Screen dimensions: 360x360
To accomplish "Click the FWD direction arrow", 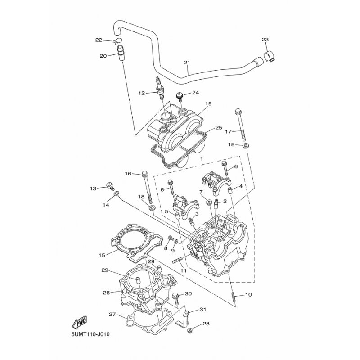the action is [79, 322].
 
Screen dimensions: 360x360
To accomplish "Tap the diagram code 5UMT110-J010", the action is [90, 334].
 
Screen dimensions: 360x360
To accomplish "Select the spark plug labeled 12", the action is [160, 89].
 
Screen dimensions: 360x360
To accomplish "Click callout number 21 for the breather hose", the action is [187, 63].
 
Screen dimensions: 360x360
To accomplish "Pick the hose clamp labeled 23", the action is [269, 57].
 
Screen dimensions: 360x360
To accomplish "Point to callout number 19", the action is [208, 104].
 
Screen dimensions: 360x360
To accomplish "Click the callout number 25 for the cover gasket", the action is [219, 128].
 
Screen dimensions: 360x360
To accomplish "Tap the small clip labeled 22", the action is [117, 41].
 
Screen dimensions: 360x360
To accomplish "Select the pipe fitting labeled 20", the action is [121, 53].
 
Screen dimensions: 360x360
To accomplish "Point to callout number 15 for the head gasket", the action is [102, 255].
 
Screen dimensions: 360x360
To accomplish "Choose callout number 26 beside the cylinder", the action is [106, 292].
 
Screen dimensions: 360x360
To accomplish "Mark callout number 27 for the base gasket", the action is [112, 314].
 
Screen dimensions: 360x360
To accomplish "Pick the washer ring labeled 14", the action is [117, 194].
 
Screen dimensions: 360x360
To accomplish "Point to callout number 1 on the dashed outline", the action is [202, 159].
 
